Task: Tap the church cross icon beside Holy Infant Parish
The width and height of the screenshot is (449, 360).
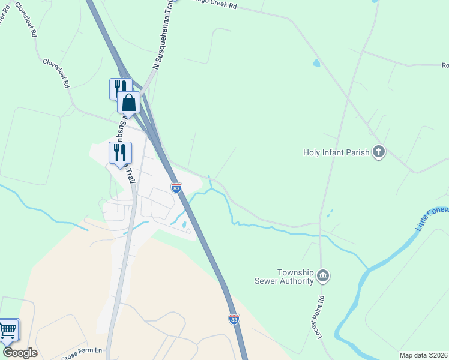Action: (x=378, y=152)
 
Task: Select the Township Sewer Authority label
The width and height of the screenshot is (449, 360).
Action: (x=288, y=277)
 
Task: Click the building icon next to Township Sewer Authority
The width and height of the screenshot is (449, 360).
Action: (x=323, y=276)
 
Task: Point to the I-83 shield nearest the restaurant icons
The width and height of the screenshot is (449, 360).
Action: (x=176, y=188)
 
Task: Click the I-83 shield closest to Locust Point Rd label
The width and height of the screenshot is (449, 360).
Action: (x=234, y=319)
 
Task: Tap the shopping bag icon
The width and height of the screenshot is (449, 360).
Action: (x=128, y=103)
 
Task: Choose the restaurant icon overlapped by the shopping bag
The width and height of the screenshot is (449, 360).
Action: (x=118, y=88)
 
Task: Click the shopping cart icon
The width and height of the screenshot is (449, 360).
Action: (x=8, y=330)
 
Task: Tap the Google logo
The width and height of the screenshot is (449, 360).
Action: (x=20, y=352)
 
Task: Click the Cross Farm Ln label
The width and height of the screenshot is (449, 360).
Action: (x=82, y=350)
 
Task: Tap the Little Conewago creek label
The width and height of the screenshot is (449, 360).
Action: (x=431, y=220)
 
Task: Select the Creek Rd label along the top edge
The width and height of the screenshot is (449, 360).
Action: (x=217, y=5)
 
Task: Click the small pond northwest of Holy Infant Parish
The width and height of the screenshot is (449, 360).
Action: (x=316, y=63)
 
